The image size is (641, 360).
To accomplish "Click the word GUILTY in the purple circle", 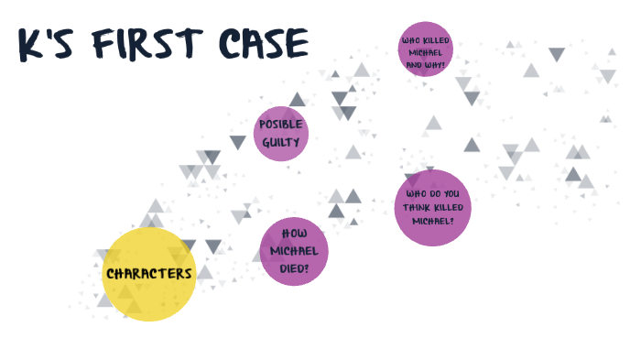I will pos(280,142).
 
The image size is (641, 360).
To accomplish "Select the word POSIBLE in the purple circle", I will pos(280,125).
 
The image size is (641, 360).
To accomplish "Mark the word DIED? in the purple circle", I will pos(294,267).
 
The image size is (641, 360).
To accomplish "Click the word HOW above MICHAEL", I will pos(294,234).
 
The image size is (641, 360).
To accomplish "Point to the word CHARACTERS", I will pos(149,273).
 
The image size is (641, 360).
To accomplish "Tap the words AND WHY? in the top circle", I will pos(425,65).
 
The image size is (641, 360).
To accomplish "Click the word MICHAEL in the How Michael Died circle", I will pos(294,250).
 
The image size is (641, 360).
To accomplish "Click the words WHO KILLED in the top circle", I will pos(425,39).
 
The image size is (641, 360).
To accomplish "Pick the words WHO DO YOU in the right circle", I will pos(432,194).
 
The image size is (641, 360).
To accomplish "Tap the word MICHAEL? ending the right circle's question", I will pos(432,221).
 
